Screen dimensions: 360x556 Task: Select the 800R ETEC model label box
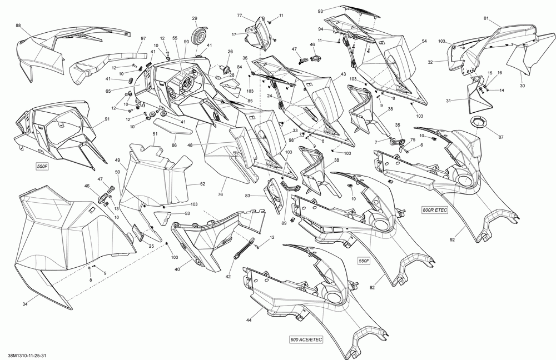click(x=435, y=210)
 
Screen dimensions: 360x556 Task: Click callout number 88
click(x=18, y=26)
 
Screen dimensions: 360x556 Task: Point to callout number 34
click(x=25, y=304)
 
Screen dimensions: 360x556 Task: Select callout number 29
click(x=195, y=18)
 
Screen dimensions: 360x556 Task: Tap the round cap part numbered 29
click(x=197, y=36)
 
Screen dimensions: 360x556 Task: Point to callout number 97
click(x=143, y=38)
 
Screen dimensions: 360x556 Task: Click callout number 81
click(x=486, y=19)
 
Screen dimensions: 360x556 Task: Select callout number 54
click(x=424, y=42)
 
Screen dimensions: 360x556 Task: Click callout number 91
click(x=106, y=119)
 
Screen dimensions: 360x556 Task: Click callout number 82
click(x=372, y=287)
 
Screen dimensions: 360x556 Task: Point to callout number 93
click(x=320, y=11)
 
